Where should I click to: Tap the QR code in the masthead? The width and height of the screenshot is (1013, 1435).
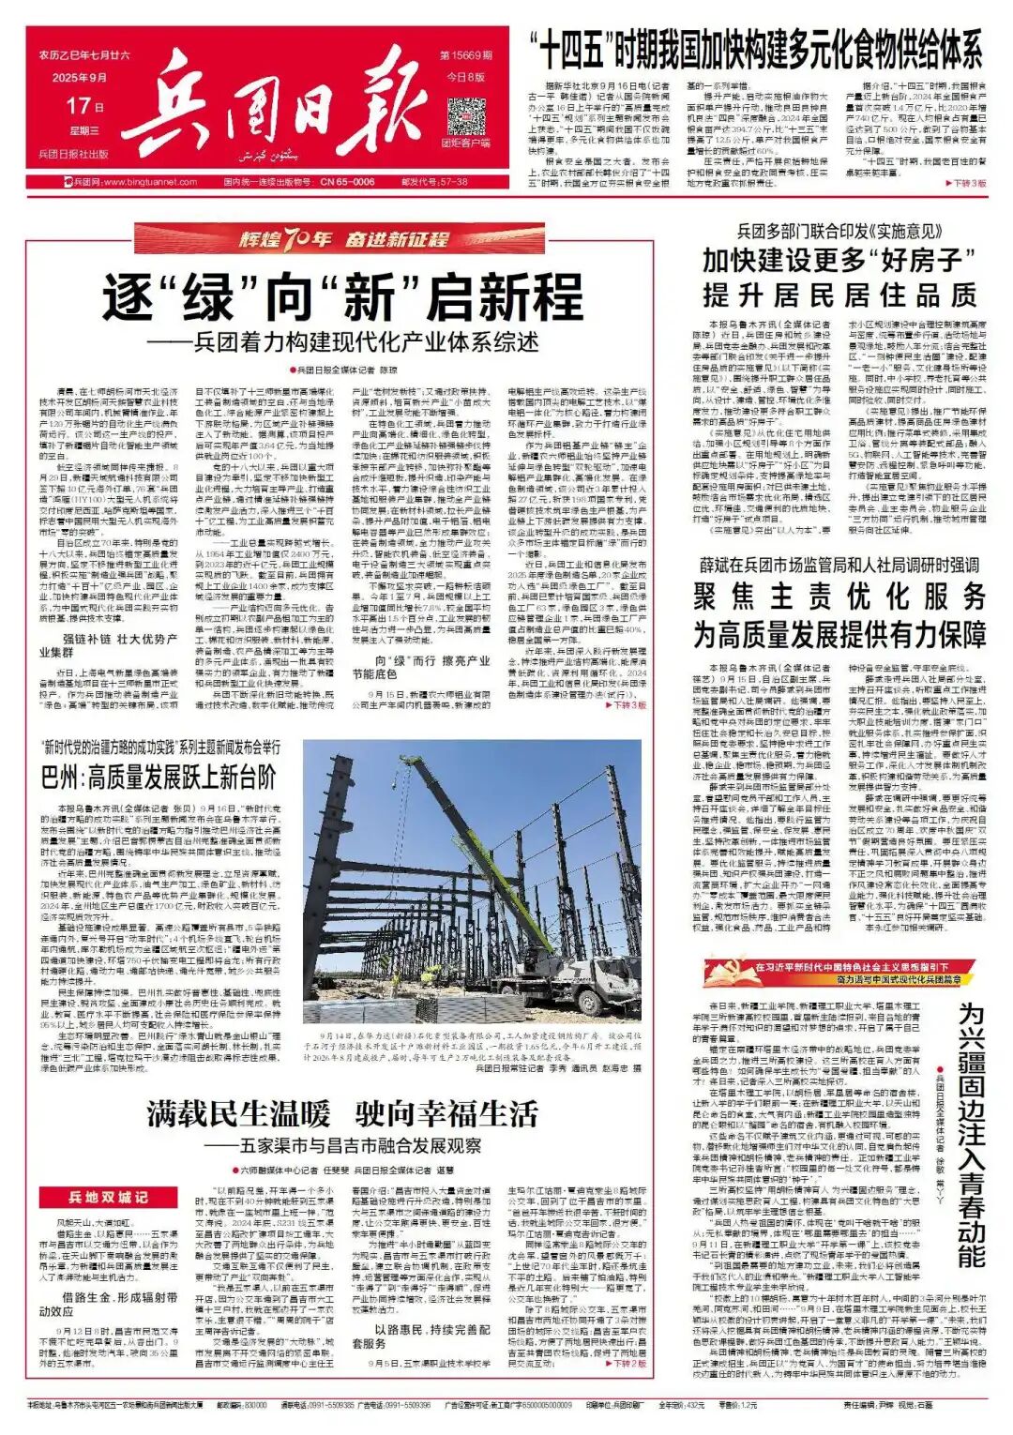[x=465, y=113]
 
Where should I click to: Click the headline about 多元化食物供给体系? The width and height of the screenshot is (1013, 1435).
[x=755, y=49]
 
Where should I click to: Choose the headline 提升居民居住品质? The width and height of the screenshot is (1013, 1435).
[x=839, y=295]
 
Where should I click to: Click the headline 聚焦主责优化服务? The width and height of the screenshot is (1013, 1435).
[x=839, y=597]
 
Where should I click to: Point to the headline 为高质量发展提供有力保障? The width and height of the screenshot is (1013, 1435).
[x=839, y=635]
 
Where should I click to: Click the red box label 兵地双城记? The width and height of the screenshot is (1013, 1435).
[x=108, y=1197]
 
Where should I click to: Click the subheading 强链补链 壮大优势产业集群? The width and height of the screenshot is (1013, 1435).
[x=108, y=644]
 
